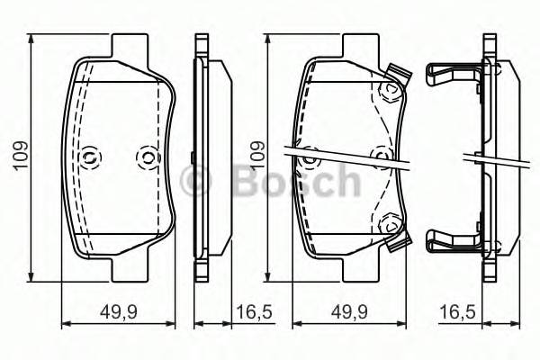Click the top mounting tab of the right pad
(x=359, y=45)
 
